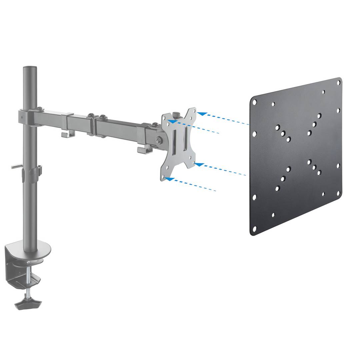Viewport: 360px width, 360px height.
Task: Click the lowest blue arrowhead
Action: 169,179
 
